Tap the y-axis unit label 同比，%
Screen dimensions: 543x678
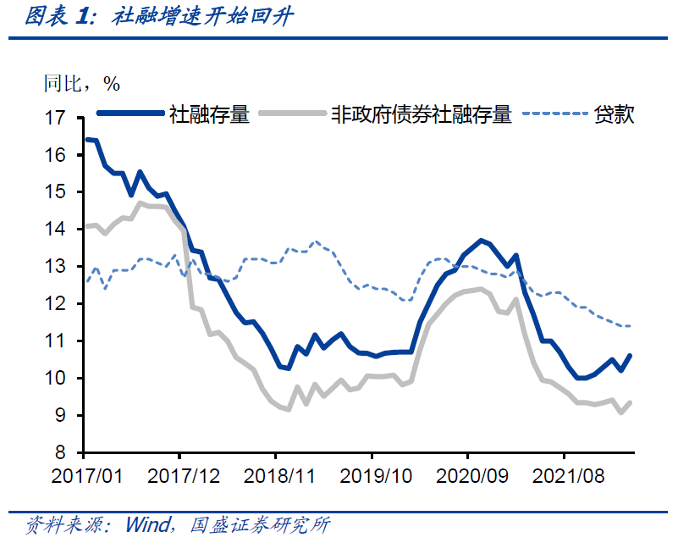click(x=81, y=83)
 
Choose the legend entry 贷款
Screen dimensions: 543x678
click(x=615, y=114)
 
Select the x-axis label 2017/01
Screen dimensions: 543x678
click(x=87, y=476)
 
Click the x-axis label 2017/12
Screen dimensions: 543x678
click(x=184, y=476)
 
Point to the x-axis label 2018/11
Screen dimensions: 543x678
click(x=279, y=476)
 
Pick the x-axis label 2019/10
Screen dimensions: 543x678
click(x=375, y=476)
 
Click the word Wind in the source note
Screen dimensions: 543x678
click(x=149, y=524)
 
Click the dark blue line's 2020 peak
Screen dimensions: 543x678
click(x=481, y=241)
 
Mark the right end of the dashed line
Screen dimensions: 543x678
click(x=631, y=326)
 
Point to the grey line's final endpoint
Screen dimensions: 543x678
click(x=631, y=402)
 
